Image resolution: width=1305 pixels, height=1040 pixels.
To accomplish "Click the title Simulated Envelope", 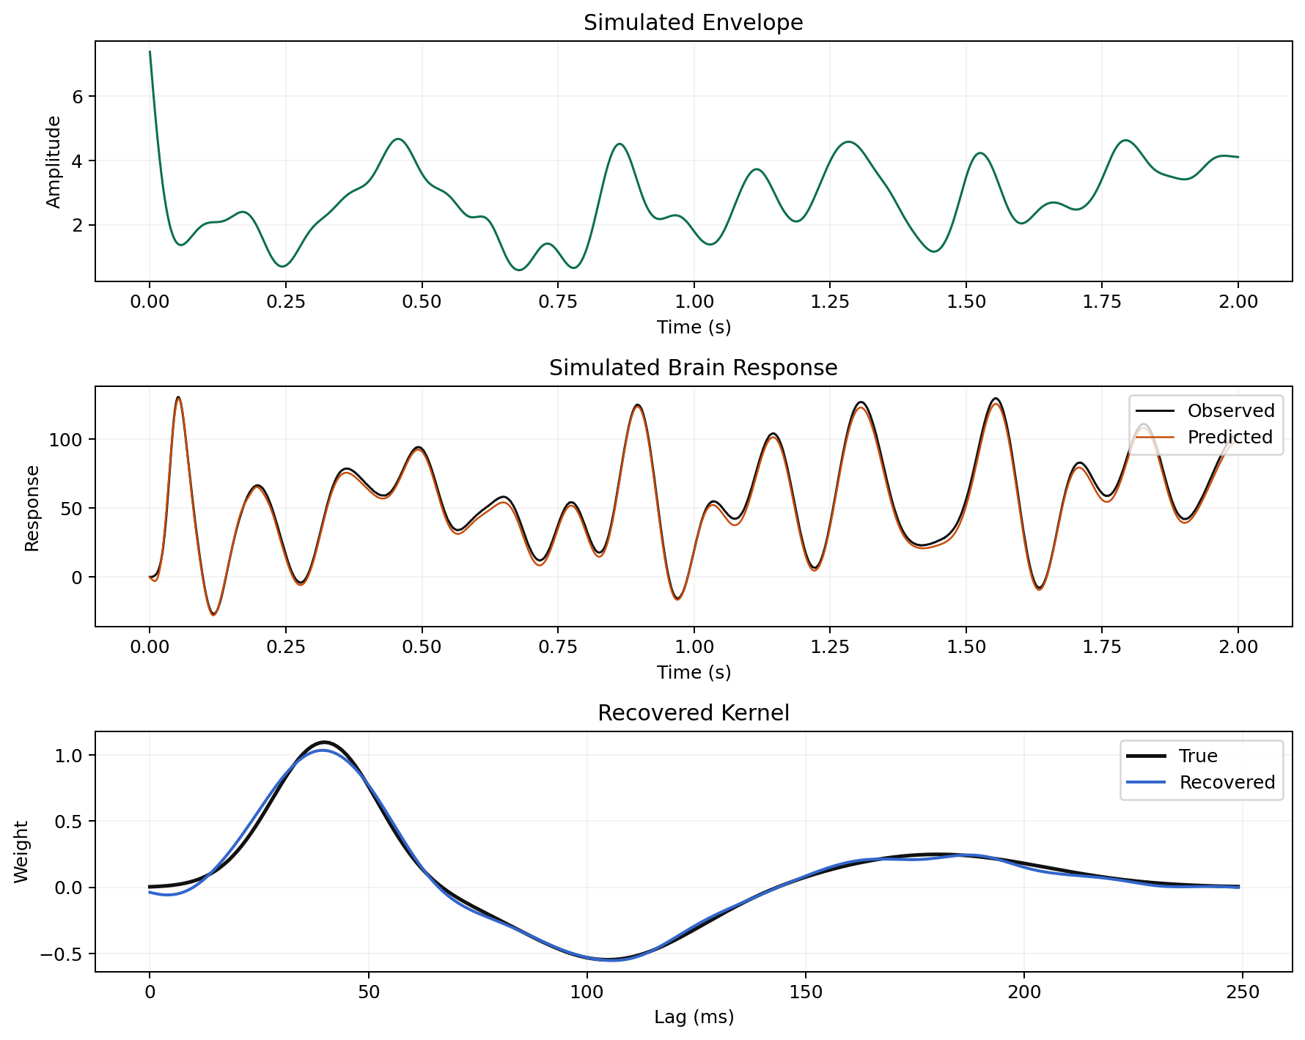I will coord(693,23).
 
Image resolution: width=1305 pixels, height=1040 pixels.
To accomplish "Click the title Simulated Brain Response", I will coord(693,368).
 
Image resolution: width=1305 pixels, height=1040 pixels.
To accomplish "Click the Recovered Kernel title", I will coord(693,713).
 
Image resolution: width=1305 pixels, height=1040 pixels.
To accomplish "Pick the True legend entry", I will coord(1198,756).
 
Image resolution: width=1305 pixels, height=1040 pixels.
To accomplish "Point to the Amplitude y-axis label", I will coord(54,161).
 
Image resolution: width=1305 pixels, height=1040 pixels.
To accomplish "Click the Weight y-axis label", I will coord(21,852).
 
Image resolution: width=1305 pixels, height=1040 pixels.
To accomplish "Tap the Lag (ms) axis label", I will coord(693,1017).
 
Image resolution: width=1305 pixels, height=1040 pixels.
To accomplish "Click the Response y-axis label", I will coord(32,507).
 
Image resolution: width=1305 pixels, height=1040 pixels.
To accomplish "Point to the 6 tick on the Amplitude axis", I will coord(78,97).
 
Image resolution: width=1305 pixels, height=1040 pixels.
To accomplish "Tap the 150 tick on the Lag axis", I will coord(805,993).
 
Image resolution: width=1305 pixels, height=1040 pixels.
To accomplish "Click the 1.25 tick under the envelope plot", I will coord(829,302).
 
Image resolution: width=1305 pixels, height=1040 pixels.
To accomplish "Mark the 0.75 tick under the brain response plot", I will coord(557,647).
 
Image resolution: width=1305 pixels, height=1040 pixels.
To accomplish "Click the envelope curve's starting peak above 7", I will coord(150,52).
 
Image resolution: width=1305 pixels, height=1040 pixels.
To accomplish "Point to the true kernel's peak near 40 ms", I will coord(324,742).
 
